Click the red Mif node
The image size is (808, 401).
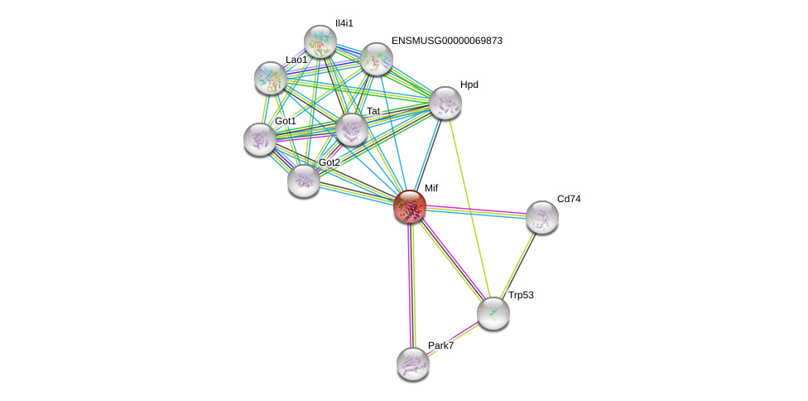[410, 206]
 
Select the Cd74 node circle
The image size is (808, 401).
[542, 217]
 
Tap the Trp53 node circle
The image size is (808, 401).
[493, 313]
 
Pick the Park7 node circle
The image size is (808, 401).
[413, 363]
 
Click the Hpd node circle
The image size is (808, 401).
[445, 103]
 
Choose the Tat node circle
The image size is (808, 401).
[352, 129]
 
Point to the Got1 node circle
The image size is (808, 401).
[260, 139]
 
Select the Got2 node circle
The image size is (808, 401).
[304, 180]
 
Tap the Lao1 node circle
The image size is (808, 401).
[271, 78]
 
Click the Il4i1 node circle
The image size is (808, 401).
[320, 41]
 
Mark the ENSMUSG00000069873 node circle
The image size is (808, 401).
[377, 59]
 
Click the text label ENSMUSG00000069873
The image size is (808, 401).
[447, 41]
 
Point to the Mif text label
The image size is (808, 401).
[431, 188]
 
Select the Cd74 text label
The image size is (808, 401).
[569, 199]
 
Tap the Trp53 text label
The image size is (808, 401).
[521, 295]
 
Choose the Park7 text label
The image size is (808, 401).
[440, 345]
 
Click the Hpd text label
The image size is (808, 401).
[469, 85]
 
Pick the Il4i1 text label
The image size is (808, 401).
[344, 23]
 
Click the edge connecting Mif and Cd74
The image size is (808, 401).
[476, 211]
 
